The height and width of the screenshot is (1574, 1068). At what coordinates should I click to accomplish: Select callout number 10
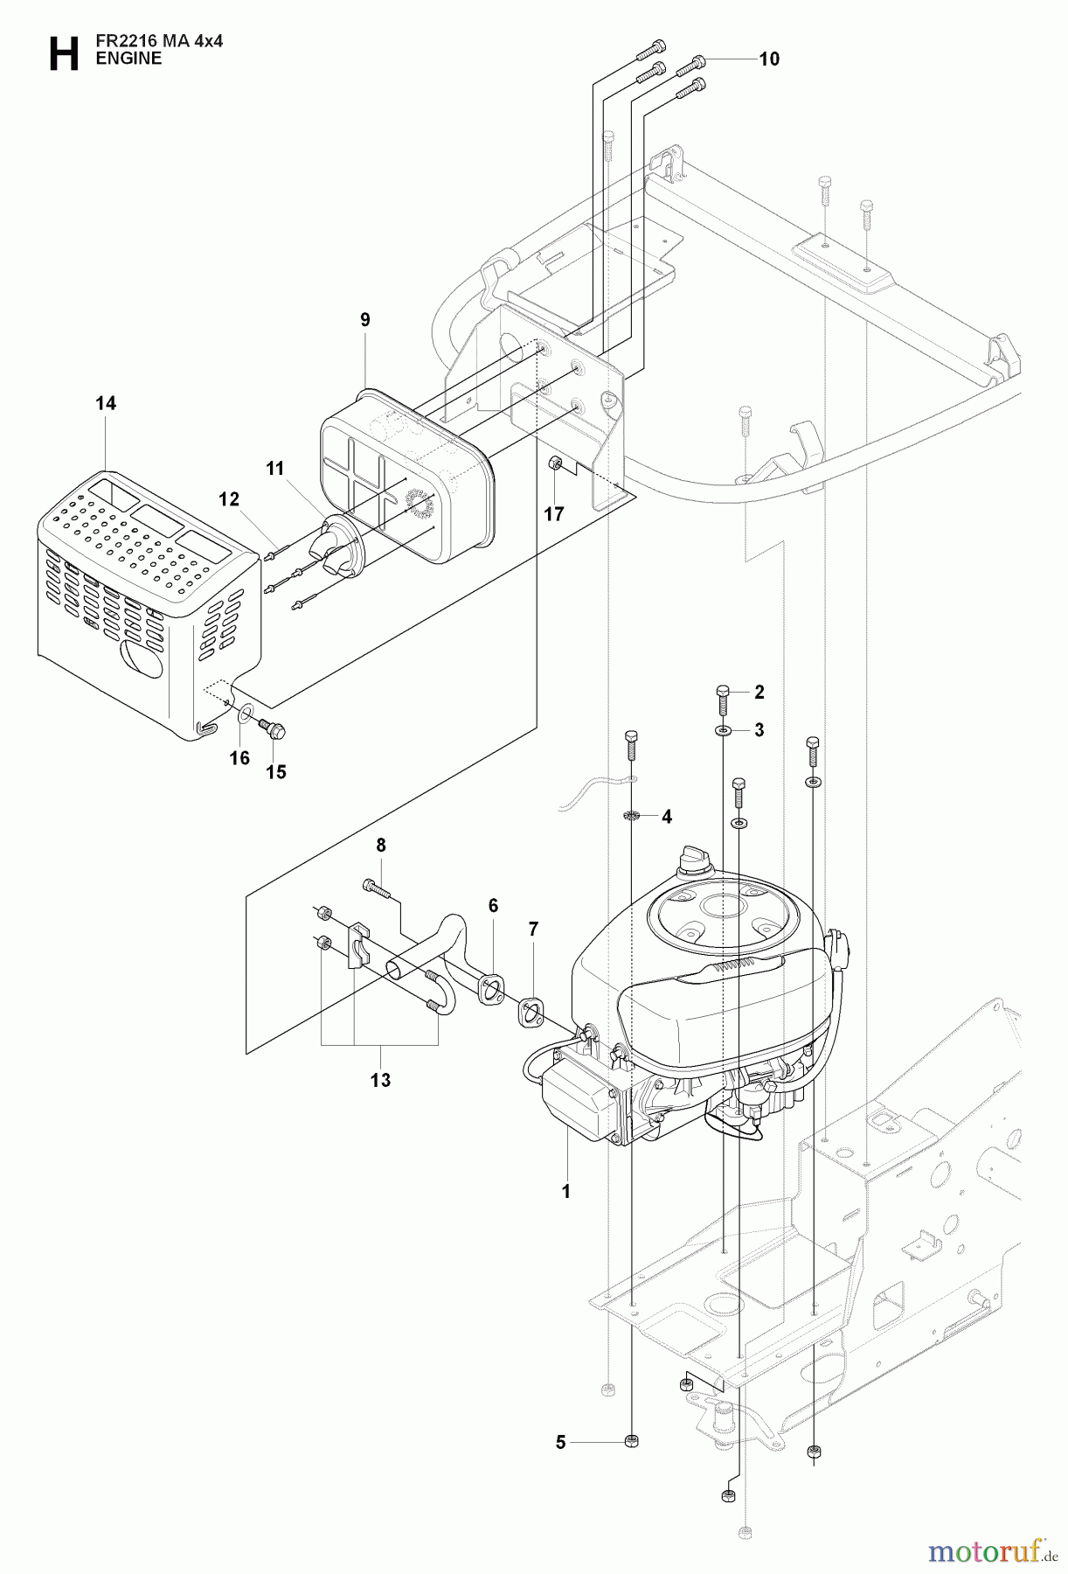(768, 59)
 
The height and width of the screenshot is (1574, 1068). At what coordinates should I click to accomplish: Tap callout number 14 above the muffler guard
(105, 403)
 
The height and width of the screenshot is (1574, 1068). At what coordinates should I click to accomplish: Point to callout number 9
(365, 320)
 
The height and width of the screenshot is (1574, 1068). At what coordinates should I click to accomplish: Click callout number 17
(554, 514)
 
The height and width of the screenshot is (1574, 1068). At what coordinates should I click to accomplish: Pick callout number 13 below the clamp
(379, 1081)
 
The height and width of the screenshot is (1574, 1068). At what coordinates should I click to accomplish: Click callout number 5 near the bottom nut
(561, 1443)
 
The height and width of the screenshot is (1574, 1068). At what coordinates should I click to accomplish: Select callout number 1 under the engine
(565, 1191)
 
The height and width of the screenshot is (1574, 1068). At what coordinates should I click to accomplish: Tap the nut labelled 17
(553, 463)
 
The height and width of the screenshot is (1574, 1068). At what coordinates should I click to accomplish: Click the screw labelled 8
(375, 887)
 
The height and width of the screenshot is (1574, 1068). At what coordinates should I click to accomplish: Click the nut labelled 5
(632, 1442)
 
